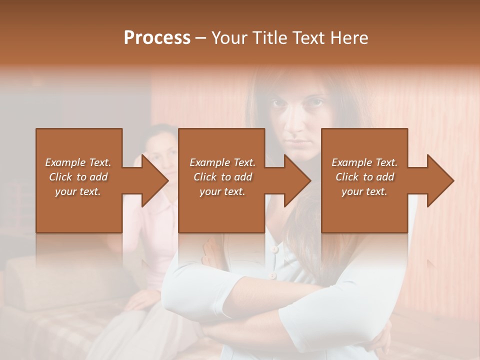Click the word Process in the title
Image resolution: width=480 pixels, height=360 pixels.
pos(157,38)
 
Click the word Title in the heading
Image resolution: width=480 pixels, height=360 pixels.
pos(268,38)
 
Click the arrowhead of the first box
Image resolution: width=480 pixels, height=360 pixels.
pos(155,180)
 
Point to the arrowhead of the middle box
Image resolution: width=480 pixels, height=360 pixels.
pos(297,180)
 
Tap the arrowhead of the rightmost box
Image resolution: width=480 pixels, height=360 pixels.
pos(440,180)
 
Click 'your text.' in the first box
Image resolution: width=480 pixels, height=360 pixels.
pos(78,191)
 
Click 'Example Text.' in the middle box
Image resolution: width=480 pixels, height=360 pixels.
pos(222,162)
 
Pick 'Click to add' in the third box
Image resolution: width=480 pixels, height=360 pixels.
pos(365,177)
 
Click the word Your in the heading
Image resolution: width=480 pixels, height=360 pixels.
pos(229,38)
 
